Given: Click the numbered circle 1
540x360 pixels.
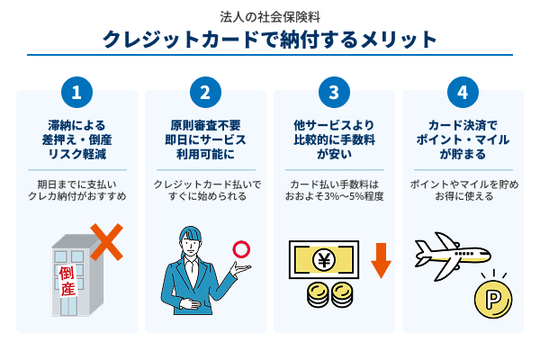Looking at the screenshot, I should coord(77,93).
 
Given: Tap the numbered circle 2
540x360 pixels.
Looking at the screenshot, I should coord(206,93).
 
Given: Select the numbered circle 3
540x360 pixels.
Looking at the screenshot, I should coord(334,93).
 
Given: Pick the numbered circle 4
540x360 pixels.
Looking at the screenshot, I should coord(463,93).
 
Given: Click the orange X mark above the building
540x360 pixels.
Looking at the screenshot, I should coord(105,241).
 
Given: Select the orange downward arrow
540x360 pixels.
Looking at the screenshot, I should coord(381,260).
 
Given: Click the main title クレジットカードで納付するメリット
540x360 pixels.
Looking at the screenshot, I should coord(270,40).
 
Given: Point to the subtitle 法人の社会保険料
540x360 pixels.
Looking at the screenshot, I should coord(270,16).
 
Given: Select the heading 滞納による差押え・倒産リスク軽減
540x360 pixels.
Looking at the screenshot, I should coord(77,139).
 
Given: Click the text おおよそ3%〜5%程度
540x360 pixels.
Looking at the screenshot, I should coord(334,196).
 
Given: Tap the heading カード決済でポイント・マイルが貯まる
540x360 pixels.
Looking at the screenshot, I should coord(463,139).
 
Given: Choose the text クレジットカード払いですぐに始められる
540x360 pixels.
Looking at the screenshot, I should coord(206,190).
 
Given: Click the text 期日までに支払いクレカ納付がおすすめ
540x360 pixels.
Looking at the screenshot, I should coord(77,190).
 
